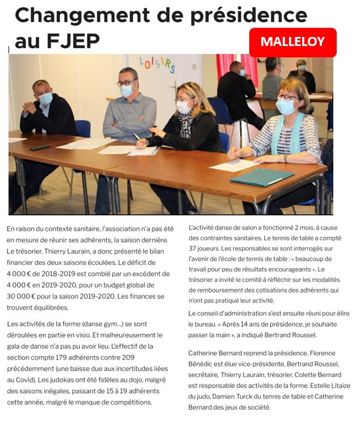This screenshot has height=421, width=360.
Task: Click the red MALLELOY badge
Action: [292, 42]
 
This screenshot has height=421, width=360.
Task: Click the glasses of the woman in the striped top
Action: [288, 98]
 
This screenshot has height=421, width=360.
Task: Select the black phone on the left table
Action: [40, 147]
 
